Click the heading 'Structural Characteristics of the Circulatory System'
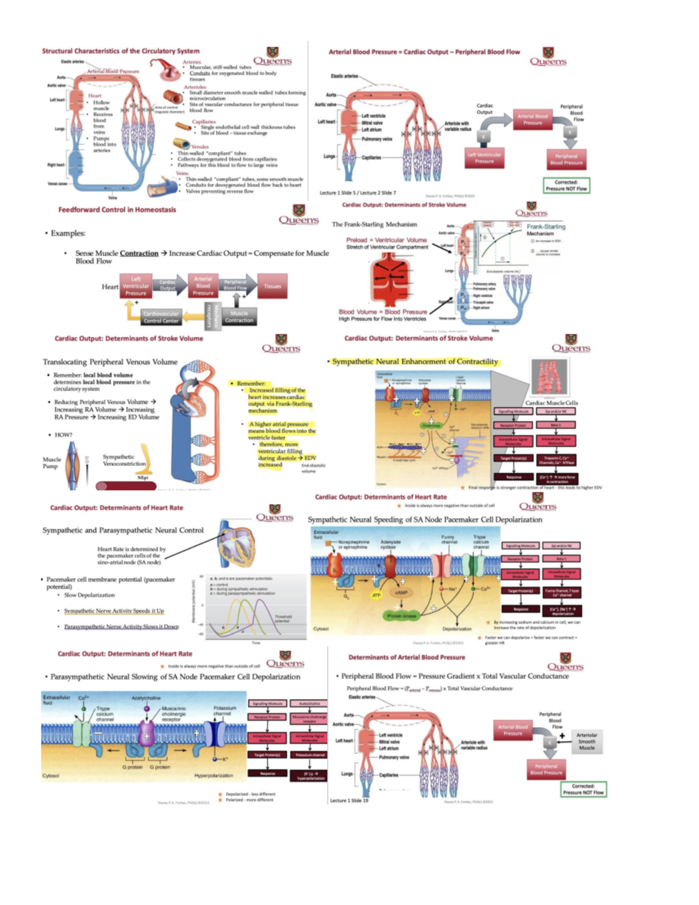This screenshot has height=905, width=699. (121, 51)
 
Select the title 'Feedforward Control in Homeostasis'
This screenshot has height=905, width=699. (117, 210)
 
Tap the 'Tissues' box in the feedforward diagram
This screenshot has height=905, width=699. (272, 286)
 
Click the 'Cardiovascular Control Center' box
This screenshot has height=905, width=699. (161, 317)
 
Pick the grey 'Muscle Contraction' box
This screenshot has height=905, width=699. (239, 317)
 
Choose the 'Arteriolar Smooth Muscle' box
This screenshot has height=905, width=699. (586, 741)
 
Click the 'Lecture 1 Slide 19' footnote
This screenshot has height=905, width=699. (349, 801)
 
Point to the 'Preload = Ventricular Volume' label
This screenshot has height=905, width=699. (386, 240)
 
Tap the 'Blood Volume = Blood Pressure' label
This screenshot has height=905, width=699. (383, 312)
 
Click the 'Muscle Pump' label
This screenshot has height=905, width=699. (51, 463)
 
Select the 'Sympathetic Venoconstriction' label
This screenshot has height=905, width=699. (123, 460)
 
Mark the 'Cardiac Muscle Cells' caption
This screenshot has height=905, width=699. (551, 403)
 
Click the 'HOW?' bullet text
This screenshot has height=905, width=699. (63, 435)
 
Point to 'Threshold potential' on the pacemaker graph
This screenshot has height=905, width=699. (283, 618)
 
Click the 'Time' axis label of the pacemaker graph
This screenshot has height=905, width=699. (256, 642)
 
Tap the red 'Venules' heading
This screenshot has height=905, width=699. (200, 147)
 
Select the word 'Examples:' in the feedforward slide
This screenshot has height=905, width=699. (68, 233)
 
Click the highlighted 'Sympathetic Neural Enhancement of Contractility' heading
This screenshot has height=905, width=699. (415, 361)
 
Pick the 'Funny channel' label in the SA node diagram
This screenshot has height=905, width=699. (448, 540)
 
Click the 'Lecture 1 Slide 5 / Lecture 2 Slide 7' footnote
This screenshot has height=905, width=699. (358, 193)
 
